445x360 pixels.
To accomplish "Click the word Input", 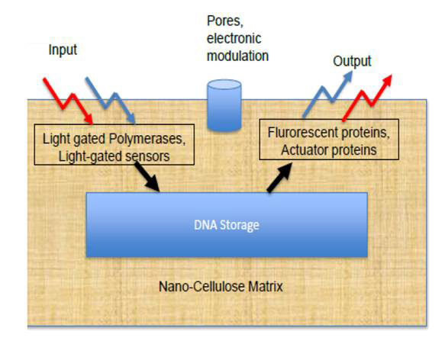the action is pyautogui.click(x=63, y=50).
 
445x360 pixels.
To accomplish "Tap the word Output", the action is pyautogui.click(x=352, y=61).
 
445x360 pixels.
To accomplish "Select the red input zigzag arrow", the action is pyautogui.click(x=67, y=101).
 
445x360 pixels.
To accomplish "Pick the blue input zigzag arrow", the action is pyautogui.click(x=111, y=101).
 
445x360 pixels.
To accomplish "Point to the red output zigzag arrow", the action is pyautogui.click(x=367, y=98).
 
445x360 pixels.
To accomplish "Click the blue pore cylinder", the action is pyautogui.click(x=224, y=105).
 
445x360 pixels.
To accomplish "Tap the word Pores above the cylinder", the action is pyautogui.click(x=225, y=21).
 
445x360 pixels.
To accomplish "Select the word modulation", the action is pyautogui.click(x=237, y=56).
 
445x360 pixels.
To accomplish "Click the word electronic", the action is pyautogui.click(x=234, y=39).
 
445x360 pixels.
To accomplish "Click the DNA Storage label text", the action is pyautogui.click(x=227, y=225).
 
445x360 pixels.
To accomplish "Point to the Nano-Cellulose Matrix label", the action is pyautogui.click(x=221, y=287).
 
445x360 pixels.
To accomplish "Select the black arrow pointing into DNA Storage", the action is pyautogui.click(x=147, y=176).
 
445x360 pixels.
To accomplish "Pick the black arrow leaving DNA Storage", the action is pyautogui.click(x=279, y=178).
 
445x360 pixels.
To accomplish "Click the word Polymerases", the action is pyautogui.click(x=147, y=139).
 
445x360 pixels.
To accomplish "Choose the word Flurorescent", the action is pyautogui.click(x=302, y=133).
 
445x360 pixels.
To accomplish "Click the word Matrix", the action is pyautogui.click(x=266, y=287).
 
